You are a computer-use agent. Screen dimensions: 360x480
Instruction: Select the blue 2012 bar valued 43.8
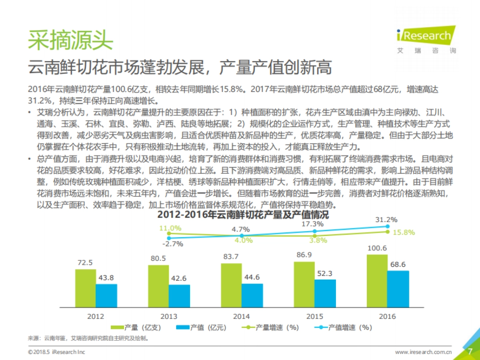[106, 296]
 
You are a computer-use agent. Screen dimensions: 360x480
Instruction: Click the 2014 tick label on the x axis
[241, 316]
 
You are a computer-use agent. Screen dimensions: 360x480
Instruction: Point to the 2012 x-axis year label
[96, 316]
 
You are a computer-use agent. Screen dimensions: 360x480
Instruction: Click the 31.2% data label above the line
[386, 220]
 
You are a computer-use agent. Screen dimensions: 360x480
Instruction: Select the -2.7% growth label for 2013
[172, 244]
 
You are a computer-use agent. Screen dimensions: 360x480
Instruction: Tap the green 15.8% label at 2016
[404, 232]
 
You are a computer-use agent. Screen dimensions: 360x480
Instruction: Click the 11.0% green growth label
[170, 228]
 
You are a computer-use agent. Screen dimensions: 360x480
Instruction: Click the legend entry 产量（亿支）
[136, 328]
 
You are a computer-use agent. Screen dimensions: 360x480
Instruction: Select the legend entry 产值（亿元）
[202, 328]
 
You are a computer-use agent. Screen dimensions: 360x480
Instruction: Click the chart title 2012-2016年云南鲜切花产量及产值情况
[243, 214]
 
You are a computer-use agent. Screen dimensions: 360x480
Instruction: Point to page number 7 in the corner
[470, 352]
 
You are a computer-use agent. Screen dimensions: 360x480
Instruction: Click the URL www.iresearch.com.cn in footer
[423, 352]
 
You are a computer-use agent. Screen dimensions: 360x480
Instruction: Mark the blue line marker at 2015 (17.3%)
[315, 231]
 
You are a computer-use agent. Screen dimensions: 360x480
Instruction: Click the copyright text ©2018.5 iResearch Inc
[56, 352]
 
